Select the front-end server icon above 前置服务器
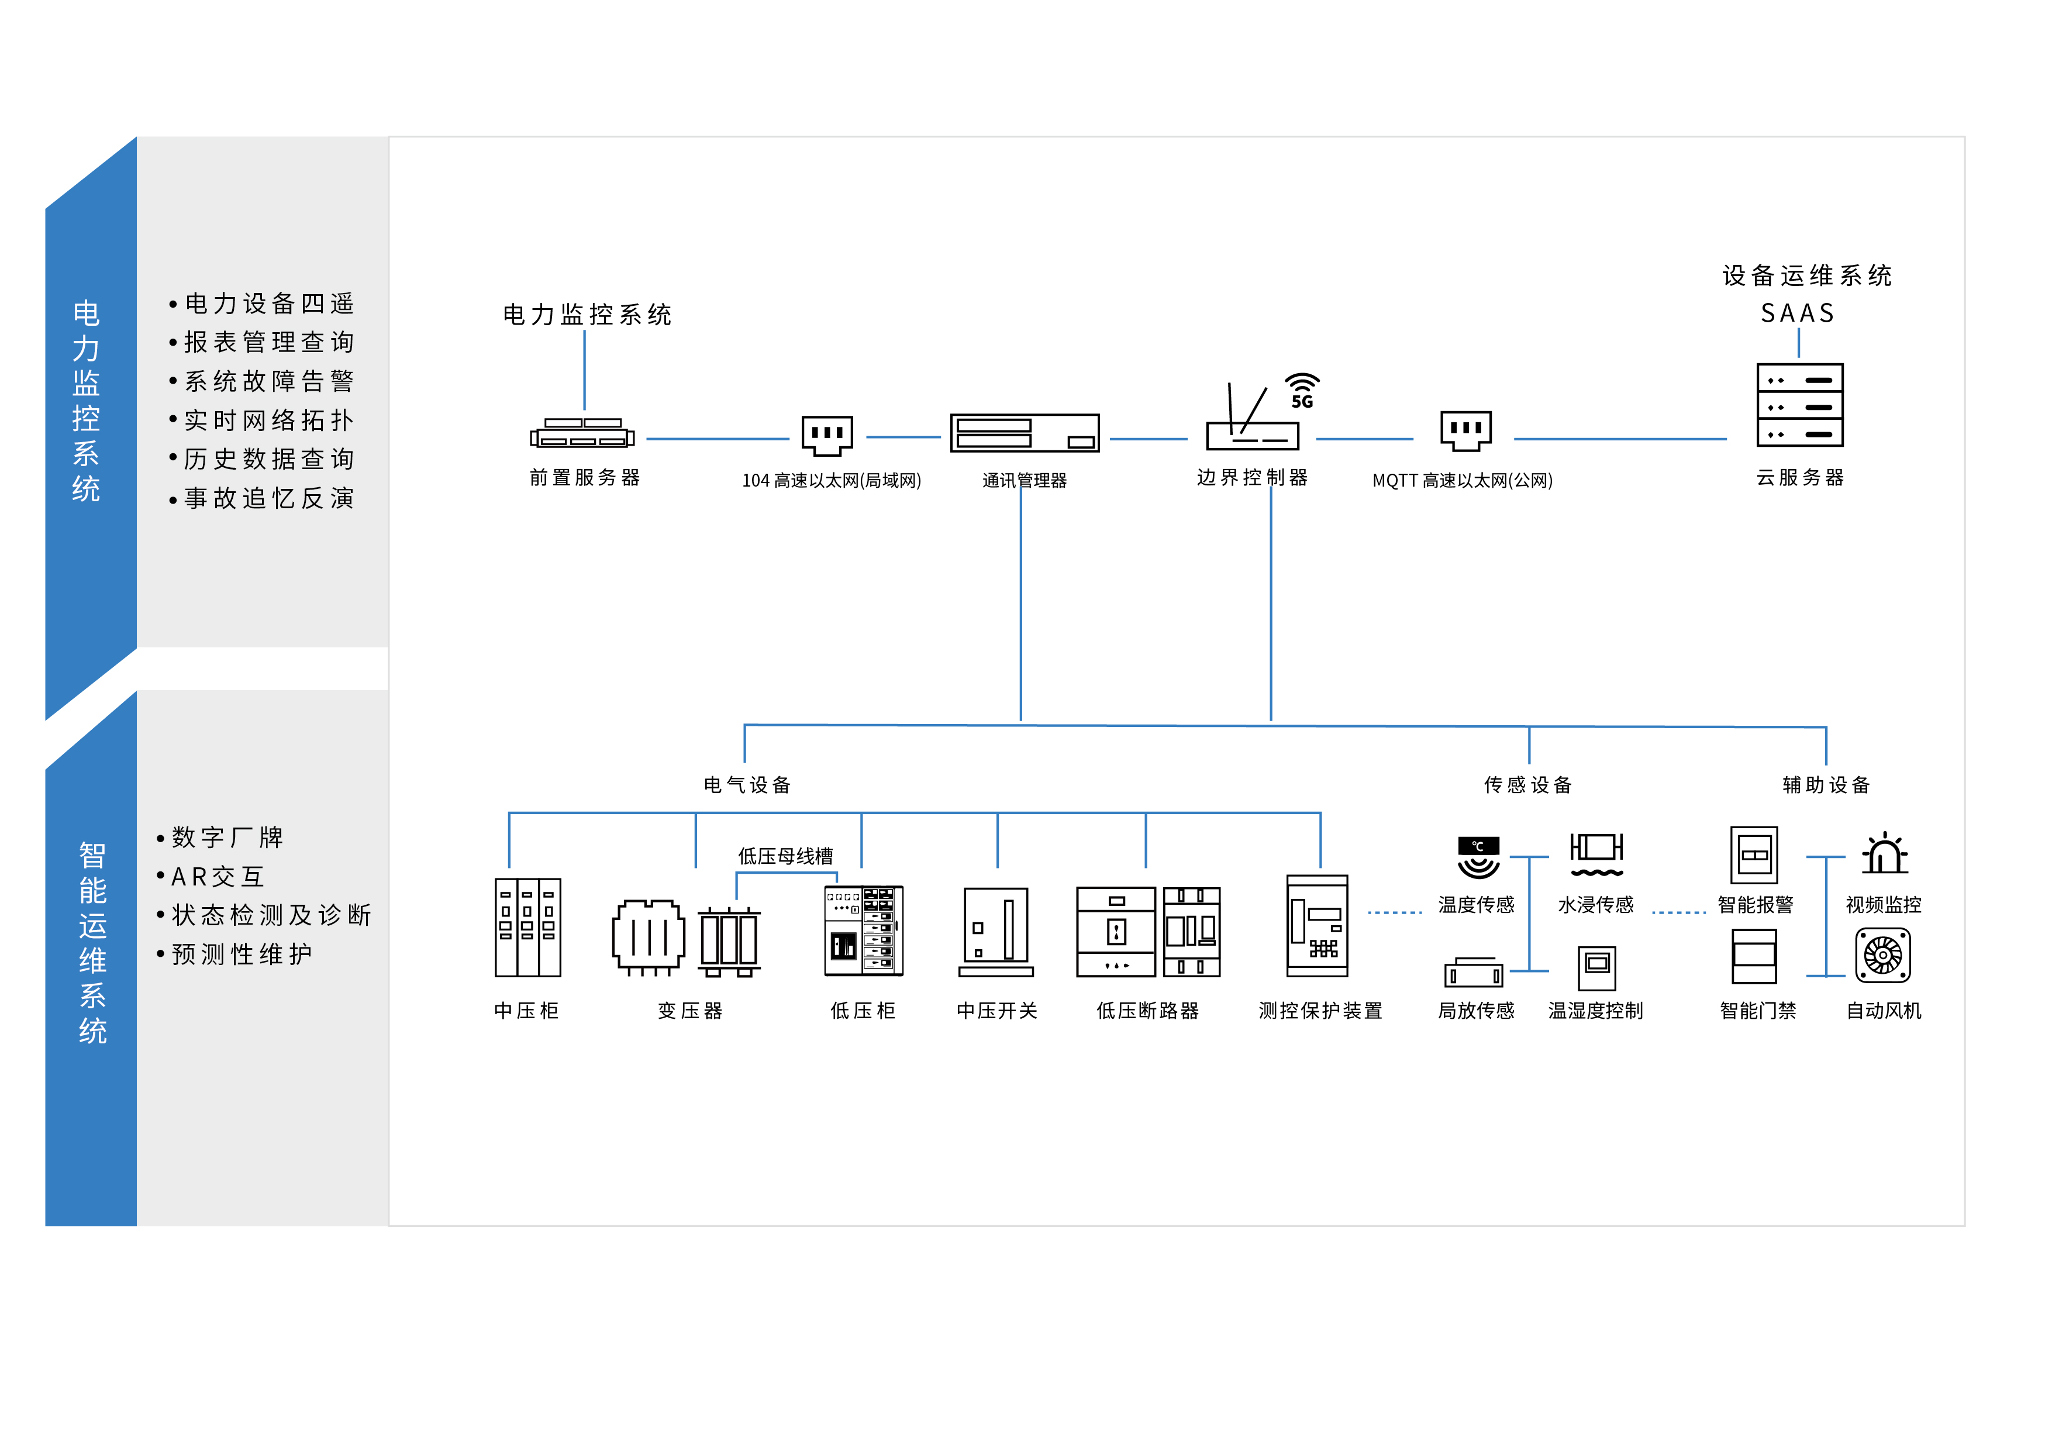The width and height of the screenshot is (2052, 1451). point(582,433)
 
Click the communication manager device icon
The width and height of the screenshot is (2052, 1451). point(1024,433)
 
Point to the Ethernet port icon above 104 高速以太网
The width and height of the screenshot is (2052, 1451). point(827,435)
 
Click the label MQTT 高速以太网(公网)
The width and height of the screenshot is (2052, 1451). point(1462,480)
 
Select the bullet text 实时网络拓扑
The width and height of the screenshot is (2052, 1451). point(268,420)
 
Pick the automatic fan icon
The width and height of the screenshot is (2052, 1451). point(1882,955)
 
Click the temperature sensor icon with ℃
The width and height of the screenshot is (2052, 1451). point(1478,856)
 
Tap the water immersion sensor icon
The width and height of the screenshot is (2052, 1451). point(1596,854)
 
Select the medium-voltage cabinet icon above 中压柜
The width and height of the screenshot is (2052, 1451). point(527,927)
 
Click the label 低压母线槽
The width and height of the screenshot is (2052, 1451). point(785,856)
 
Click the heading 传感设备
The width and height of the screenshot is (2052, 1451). point(1527,785)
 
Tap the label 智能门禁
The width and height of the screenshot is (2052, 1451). point(1757,1010)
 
